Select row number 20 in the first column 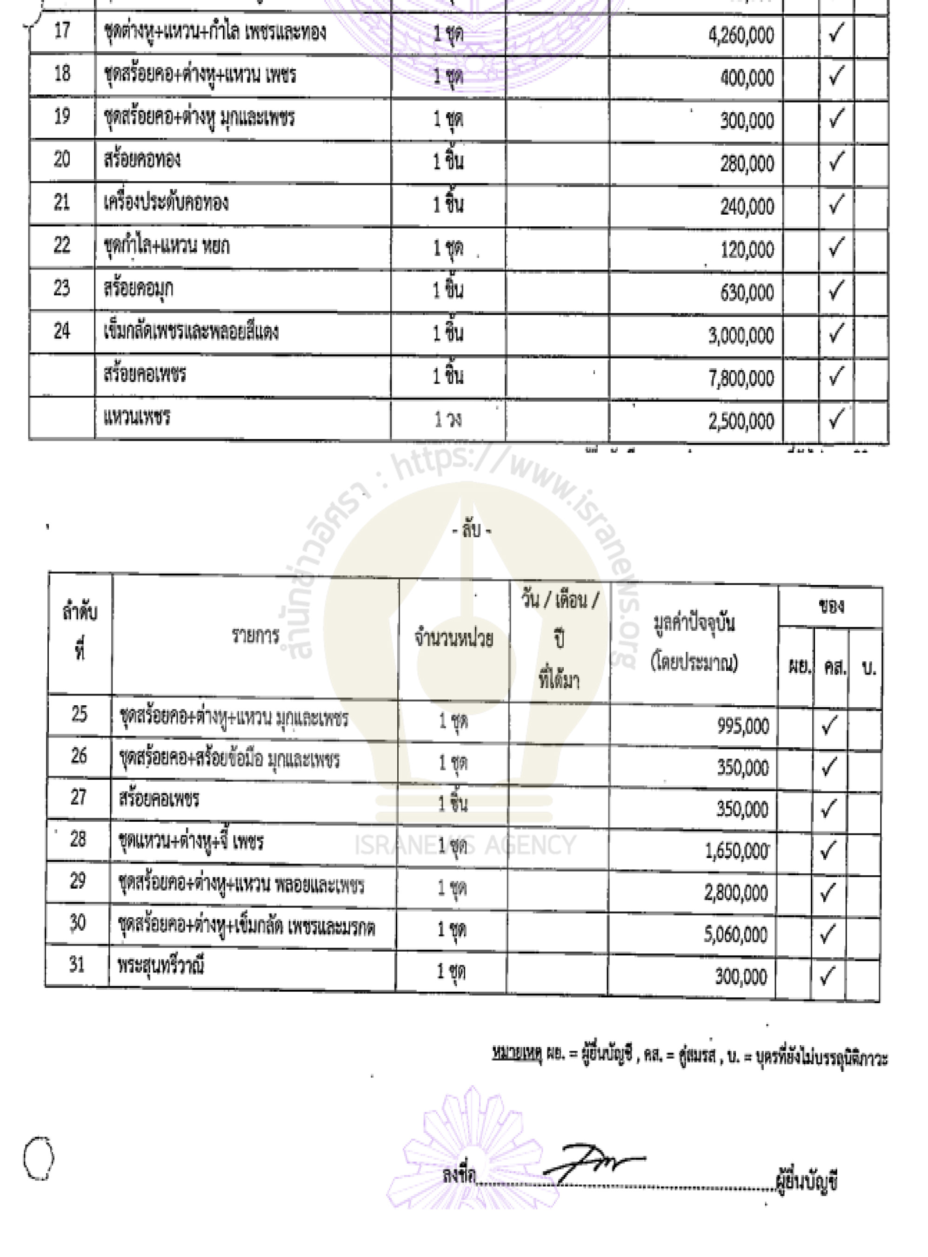tap(62, 160)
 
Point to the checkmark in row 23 tap(836, 291)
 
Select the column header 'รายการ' tap(255, 636)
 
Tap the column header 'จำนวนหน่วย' tap(454, 639)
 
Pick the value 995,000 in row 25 tap(742, 726)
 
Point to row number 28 tap(78, 839)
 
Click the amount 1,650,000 tap(736, 852)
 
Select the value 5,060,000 tap(735, 934)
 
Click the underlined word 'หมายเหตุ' tap(516, 1053)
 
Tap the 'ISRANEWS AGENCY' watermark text tap(465, 845)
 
